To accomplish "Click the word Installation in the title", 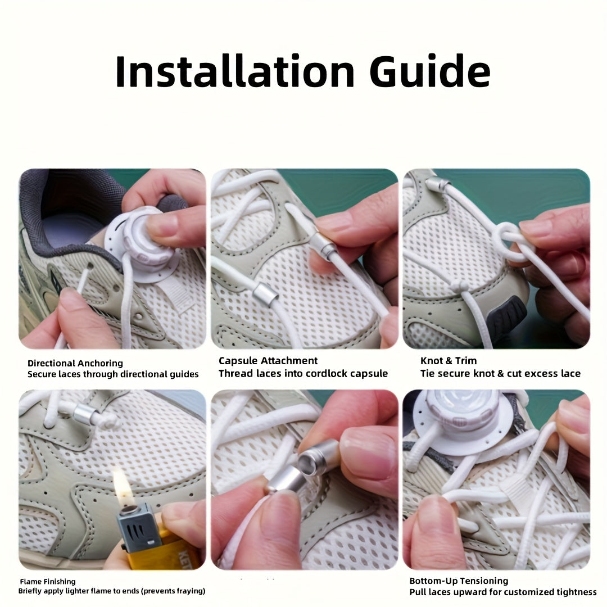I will (x=235, y=72).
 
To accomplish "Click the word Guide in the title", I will (x=429, y=72).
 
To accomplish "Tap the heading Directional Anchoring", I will (x=75, y=363).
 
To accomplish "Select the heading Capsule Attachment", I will (x=268, y=361).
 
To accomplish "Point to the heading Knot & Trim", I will (x=449, y=361).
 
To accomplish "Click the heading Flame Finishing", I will (x=47, y=582).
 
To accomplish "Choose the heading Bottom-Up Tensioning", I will (x=459, y=581).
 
